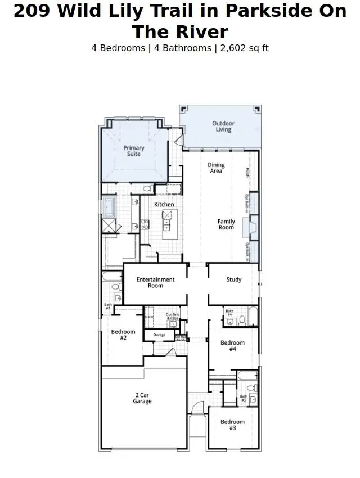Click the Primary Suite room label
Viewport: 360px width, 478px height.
[134, 151]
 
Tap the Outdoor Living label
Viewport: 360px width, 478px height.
[223, 127]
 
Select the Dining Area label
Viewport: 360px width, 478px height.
[216, 168]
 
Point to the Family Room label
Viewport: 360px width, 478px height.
[226, 224]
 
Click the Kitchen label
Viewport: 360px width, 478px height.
[164, 204]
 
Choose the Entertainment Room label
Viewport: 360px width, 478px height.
[156, 282]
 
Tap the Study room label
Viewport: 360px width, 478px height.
[234, 279]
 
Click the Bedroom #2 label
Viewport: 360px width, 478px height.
[123, 335]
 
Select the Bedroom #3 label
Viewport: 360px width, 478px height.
[232, 425]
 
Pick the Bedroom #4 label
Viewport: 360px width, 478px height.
[232, 346]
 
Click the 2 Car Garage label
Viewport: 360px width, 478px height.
[142, 398]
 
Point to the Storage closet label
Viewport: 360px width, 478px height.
[159, 335]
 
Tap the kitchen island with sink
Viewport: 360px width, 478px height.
[166, 220]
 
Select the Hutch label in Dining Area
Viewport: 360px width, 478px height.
[247, 173]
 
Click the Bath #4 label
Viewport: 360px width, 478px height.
[229, 312]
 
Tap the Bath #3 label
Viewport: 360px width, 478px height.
[244, 398]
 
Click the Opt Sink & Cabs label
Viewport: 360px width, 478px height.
[173, 317]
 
